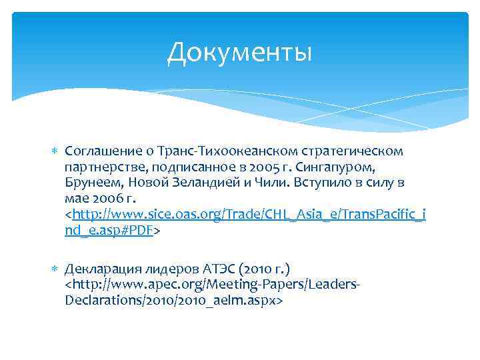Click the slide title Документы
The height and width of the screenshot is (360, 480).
pos(239,53)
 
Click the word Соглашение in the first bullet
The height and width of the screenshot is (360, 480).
pos(101,151)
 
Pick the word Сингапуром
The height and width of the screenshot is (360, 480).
pos(363,167)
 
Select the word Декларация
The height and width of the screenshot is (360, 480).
pos(99,269)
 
